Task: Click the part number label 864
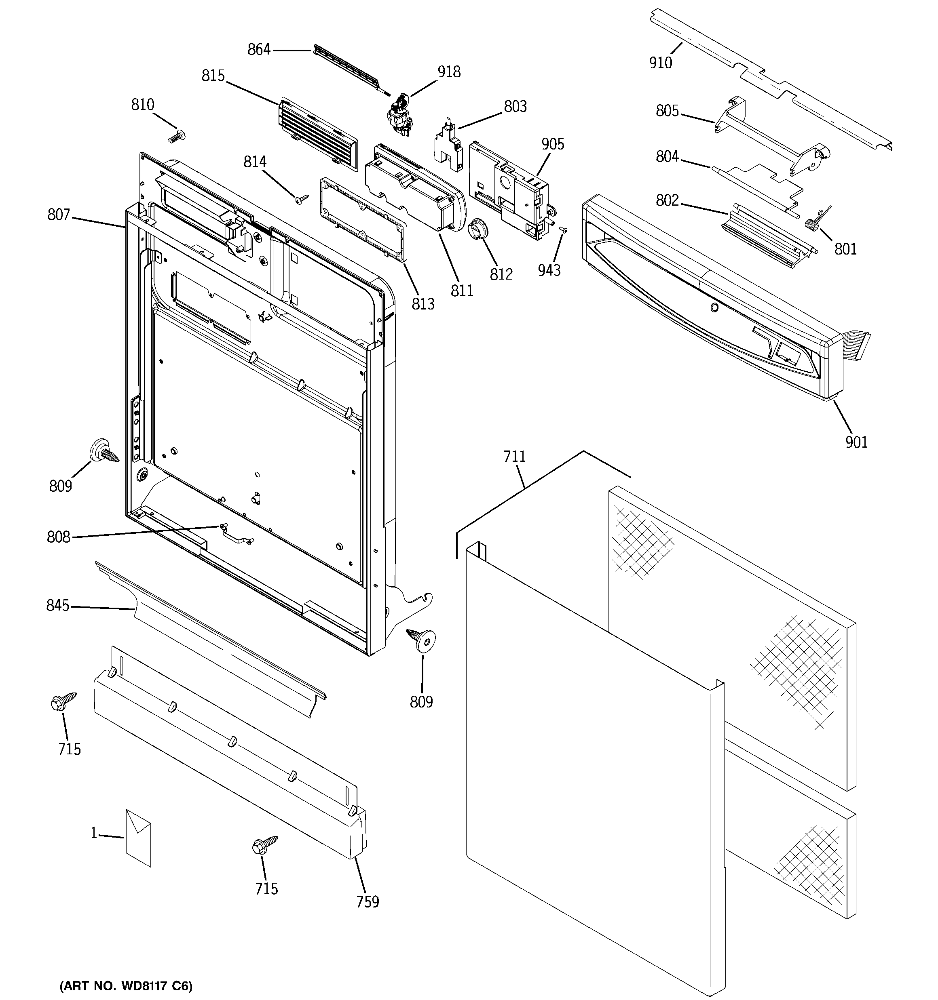259,49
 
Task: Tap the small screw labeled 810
177,136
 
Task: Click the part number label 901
856,442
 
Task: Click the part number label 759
368,901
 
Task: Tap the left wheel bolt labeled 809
103,450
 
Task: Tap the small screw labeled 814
302,200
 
